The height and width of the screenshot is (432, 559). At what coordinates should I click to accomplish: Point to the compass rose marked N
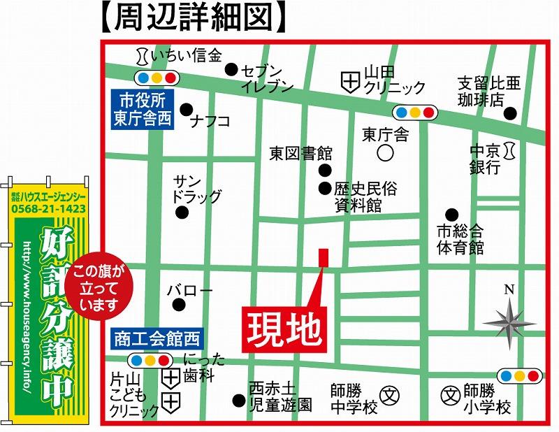(509, 319)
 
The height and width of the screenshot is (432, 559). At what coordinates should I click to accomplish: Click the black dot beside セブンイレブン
(231, 69)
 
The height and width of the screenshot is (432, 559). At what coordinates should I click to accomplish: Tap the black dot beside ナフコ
(186, 109)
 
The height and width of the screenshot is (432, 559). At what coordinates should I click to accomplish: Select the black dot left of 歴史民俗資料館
(324, 187)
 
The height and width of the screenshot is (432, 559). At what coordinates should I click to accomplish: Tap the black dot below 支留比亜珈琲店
(511, 113)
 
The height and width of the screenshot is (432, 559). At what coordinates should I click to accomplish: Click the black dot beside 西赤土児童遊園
(238, 401)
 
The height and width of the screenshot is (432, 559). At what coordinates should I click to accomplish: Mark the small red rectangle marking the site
(323, 257)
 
